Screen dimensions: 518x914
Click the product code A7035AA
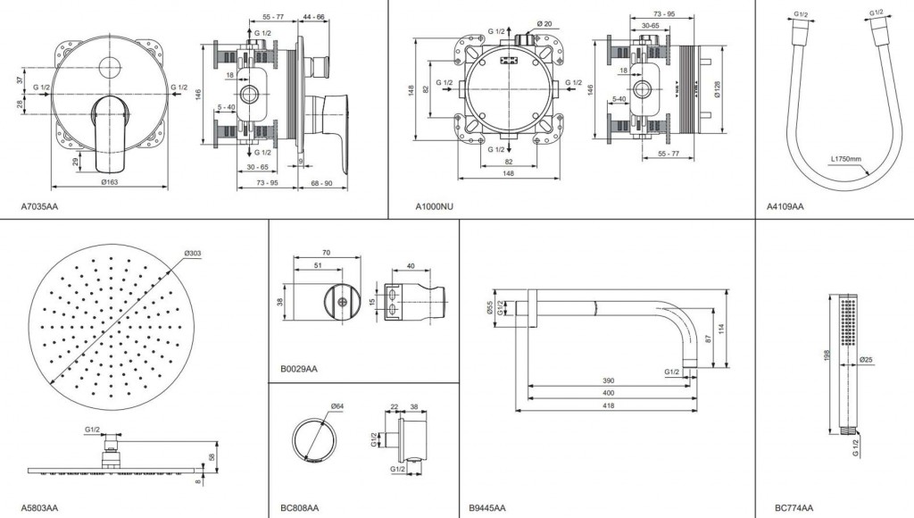coord(39,206)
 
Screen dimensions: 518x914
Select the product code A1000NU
coord(435,206)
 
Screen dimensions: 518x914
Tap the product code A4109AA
coord(785,206)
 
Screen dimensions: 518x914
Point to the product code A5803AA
coord(39,508)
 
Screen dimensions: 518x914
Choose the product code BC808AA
coord(299,508)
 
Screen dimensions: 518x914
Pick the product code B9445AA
coord(486,508)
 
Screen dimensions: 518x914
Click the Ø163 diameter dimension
coord(109,181)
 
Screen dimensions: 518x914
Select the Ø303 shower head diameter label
coord(194,255)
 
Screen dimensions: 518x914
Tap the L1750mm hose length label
coord(844,160)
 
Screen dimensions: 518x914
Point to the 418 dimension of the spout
coord(606,406)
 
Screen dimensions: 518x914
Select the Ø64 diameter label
coord(338,406)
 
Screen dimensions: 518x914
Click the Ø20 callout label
coord(544,23)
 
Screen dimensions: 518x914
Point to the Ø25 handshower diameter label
coord(867,360)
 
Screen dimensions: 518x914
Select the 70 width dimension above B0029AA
coord(327,254)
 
